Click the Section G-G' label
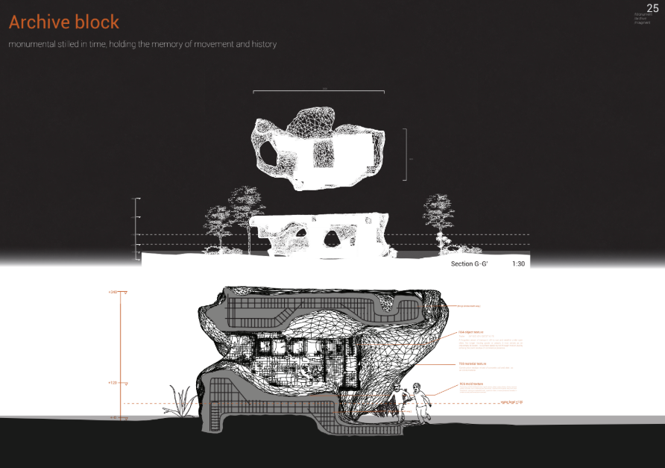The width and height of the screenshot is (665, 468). click(472, 264)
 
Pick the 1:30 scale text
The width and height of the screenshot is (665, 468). click(520, 264)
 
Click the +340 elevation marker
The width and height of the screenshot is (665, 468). click(113, 292)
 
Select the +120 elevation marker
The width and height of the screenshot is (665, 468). click(113, 382)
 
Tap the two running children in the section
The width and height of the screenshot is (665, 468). click(414, 405)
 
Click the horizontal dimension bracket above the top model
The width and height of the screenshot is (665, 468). click(318, 92)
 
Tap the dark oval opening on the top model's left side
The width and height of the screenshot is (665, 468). click(267, 154)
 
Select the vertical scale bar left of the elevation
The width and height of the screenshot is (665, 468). click(136, 228)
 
